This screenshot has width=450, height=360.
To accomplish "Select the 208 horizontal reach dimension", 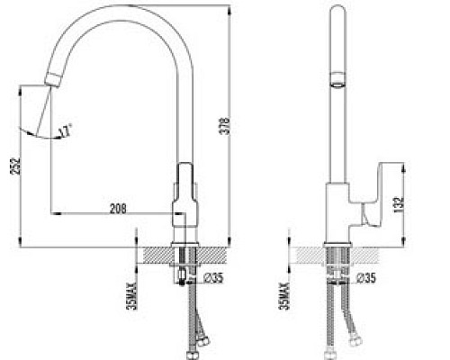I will (x=117, y=208).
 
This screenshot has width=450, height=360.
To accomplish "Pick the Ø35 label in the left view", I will (x=213, y=278).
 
